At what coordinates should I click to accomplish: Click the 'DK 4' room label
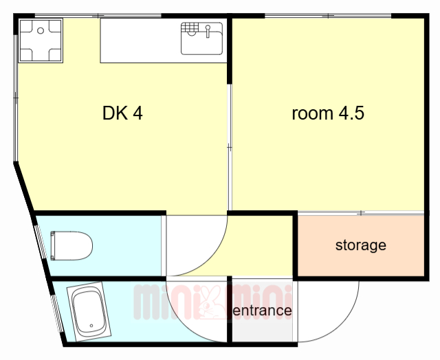point(122,113)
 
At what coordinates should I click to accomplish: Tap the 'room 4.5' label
point(328,113)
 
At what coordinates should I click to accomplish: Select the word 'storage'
point(360,245)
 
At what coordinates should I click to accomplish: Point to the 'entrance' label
point(263,311)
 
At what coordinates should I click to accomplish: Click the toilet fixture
point(71,245)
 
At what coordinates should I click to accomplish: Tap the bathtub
point(89,311)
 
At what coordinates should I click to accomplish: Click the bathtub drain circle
point(91,326)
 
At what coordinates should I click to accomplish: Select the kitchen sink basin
point(201,38)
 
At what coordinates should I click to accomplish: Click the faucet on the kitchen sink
point(208,31)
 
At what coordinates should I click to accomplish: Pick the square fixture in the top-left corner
point(41,41)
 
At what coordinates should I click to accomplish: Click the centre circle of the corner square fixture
point(41,30)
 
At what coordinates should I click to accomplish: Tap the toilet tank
point(53,245)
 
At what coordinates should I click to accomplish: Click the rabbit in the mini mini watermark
point(210,303)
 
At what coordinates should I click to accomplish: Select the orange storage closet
point(360,245)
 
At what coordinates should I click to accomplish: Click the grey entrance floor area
point(263,311)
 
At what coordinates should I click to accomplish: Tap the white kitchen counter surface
point(140,41)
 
